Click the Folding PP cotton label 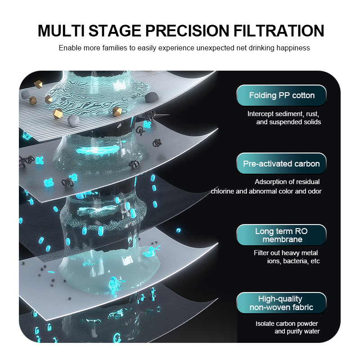(282, 95)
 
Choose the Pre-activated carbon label (282, 164)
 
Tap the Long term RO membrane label (282, 235)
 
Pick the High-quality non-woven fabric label (282, 303)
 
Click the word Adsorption (270, 182)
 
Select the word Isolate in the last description (265, 324)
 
